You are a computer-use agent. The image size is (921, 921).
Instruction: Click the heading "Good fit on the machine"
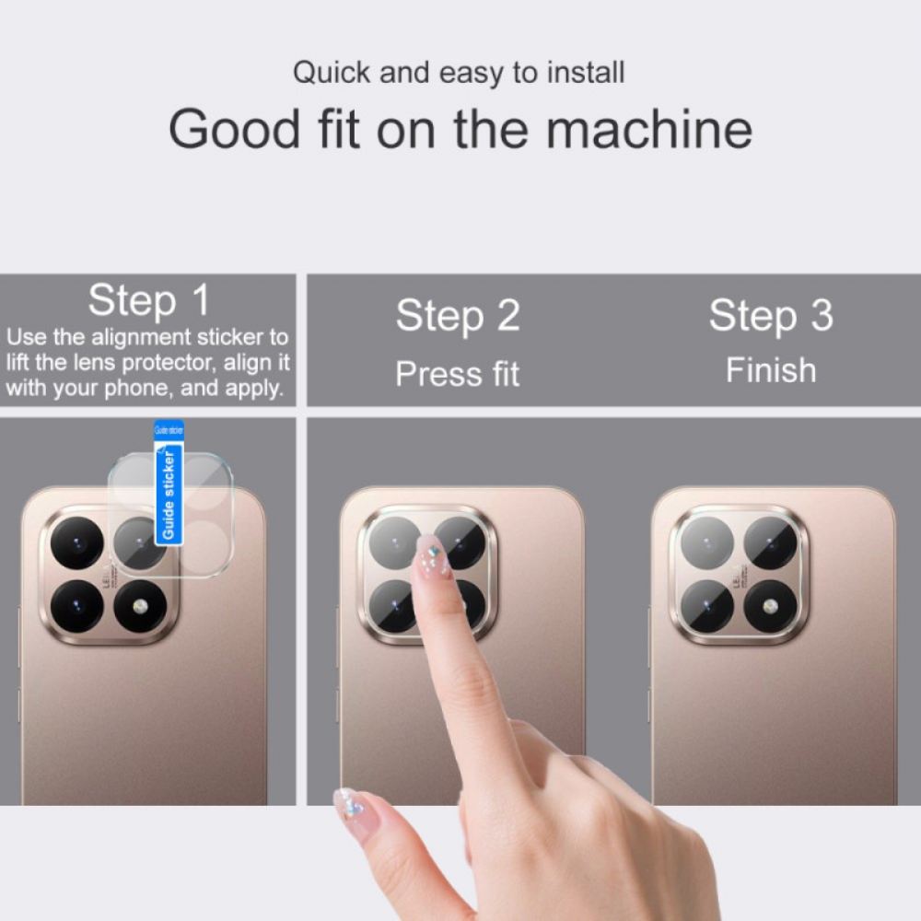click(x=460, y=129)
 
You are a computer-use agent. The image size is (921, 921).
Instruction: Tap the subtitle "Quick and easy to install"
click(x=459, y=73)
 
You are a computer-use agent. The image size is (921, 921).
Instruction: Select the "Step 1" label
click(x=148, y=300)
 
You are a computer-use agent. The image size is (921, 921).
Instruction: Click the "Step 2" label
click(x=458, y=316)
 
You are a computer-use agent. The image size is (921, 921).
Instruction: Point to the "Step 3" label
click(x=770, y=316)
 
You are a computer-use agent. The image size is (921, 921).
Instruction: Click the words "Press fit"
click(x=458, y=374)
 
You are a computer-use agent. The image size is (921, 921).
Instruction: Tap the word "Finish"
click(x=771, y=370)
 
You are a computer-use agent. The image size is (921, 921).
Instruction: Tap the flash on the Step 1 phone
click(x=140, y=607)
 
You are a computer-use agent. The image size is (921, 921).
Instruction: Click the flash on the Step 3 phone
click(x=770, y=607)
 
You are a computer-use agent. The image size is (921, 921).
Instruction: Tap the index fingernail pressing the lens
click(x=431, y=555)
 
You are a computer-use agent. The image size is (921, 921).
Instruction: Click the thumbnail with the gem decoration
click(x=352, y=807)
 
